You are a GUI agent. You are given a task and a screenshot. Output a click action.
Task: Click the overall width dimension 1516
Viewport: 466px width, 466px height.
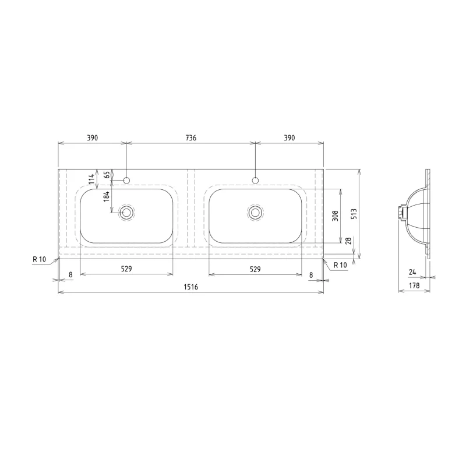tap(191, 287)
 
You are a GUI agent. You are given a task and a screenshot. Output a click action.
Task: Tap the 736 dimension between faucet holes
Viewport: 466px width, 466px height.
tap(191, 138)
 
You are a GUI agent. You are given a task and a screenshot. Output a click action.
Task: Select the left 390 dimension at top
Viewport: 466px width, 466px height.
tap(92, 138)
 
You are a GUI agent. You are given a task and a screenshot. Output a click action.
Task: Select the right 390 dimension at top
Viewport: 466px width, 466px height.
tap(290, 138)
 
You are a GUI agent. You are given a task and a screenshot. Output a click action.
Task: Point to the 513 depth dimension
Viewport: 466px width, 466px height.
tap(354, 214)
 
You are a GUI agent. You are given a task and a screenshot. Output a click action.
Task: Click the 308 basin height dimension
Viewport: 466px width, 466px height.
tap(336, 216)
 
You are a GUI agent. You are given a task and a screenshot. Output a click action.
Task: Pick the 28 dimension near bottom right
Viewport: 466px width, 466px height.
tap(349, 241)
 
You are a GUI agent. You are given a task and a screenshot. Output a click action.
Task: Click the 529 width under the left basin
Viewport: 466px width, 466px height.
tap(126, 269)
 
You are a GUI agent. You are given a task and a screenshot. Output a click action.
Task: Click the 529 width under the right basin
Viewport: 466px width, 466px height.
tap(255, 269)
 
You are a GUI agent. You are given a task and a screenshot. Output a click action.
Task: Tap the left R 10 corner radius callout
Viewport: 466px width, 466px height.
tap(39, 259)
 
